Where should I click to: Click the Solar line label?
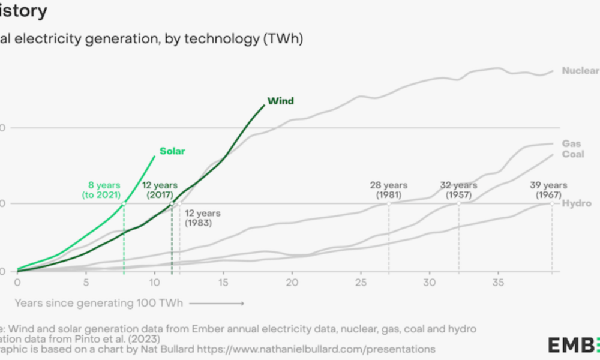(x=172, y=151)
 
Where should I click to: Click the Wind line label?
(x=280, y=101)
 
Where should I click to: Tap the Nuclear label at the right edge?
(x=580, y=71)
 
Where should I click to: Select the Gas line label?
(x=571, y=144)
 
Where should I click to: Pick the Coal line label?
(x=573, y=154)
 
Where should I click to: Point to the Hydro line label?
(x=577, y=203)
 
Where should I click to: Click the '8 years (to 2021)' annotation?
(x=101, y=190)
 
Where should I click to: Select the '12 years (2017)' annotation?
(x=159, y=190)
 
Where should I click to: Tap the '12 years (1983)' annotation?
(x=203, y=218)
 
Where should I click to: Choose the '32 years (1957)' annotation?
(x=458, y=190)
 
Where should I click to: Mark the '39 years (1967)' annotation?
(x=548, y=190)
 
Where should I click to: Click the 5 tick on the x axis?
(x=86, y=282)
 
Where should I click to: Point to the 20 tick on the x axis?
(x=292, y=282)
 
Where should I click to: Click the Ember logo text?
(x=574, y=345)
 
